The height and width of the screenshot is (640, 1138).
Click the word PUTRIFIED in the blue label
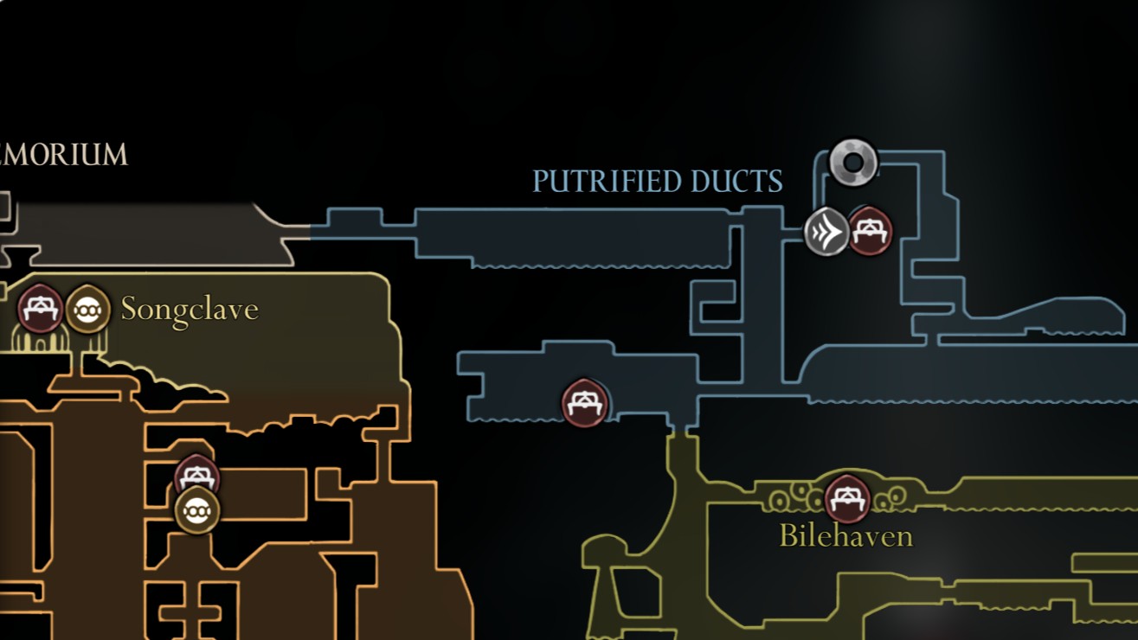pos(606,182)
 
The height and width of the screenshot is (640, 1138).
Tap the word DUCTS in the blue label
pos(736,182)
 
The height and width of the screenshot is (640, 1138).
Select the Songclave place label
pos(190,309)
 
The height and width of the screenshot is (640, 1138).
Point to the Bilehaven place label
pos(845,536)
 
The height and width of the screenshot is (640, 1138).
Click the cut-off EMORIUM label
pos(64,156)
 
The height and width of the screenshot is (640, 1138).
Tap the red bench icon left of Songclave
pos(40,309)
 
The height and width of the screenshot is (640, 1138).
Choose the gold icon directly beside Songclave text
pos(87,310)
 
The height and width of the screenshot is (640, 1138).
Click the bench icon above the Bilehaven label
pos(847,498)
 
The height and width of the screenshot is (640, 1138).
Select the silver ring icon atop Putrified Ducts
pos(853,162)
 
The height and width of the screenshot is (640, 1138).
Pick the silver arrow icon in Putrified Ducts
pos(826,232)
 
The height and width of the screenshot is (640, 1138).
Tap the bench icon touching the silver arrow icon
pos(870,232)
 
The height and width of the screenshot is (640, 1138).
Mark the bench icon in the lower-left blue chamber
pos(585,403)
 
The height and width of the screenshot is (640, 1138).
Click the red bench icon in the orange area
pos(197,477)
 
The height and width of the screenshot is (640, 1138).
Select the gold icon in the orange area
pos(197,510)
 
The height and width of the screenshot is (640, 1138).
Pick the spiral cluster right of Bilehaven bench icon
pos(890,497)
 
